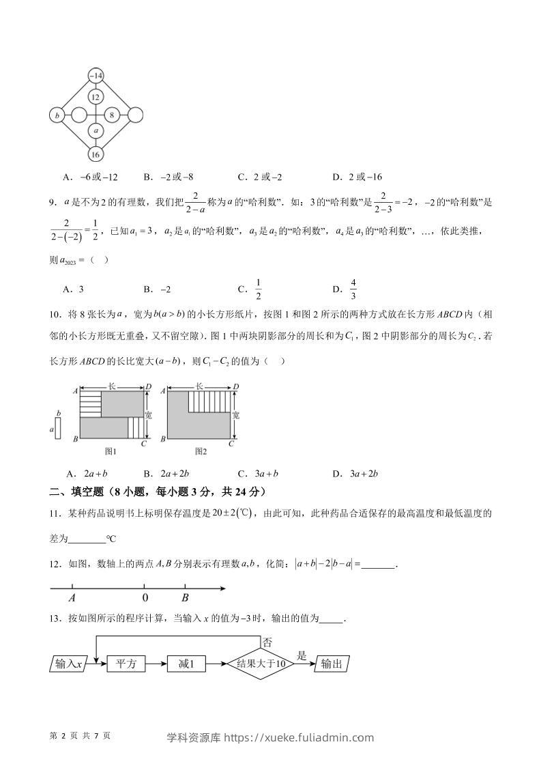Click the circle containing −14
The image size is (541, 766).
96,75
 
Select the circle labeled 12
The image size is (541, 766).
96,97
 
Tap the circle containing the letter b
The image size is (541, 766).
57,115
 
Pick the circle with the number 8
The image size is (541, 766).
112,115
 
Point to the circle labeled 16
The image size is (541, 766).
96,154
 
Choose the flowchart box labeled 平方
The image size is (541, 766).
126,664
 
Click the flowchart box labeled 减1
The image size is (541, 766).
186,664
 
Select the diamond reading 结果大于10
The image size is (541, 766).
261,664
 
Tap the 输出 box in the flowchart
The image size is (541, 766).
332,664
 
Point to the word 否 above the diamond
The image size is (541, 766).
268,642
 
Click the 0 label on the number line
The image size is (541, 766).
145,597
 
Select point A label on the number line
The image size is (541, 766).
72,597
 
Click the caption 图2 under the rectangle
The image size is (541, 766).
201,451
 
